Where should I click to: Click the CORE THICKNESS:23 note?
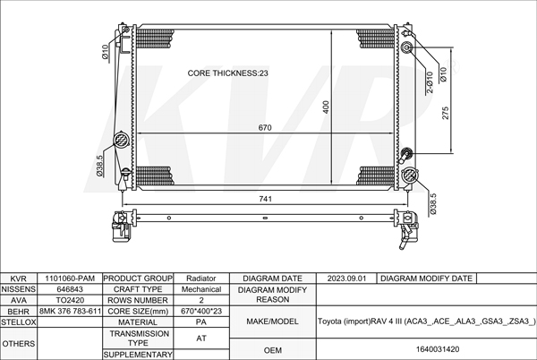click(227, 73)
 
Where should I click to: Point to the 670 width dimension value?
click(265, 128)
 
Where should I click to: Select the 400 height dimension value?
click(326, 107)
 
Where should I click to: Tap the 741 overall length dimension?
click(266, 199)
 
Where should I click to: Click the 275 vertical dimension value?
click(445, 113)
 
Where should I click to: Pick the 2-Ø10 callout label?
click(430, 82)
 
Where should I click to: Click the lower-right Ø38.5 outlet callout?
click(433, 204)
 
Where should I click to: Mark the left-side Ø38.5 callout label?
click(99, 166)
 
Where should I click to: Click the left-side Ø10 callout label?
click(105, 52)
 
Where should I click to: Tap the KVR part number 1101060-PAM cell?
click(70, 279)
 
